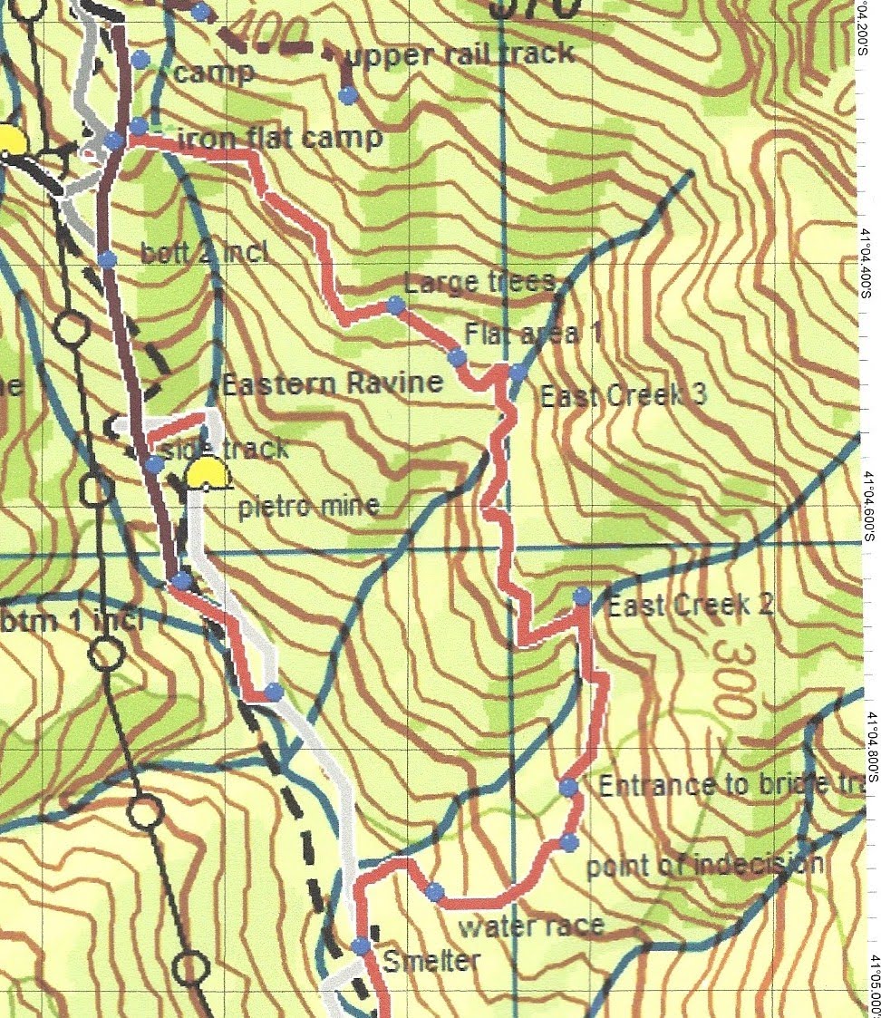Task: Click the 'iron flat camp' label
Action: coord(279,140)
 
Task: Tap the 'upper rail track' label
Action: coord(460,54)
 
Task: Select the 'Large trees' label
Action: coord(480,283)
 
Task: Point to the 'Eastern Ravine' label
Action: coord(333,383)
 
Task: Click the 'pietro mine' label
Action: coord(308,506)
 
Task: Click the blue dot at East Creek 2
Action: coord(582,596)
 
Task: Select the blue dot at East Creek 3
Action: coord(517,372)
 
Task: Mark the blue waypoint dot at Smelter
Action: coord(361,945)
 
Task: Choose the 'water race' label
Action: coord(531,926)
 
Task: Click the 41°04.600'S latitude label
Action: coord(869,508)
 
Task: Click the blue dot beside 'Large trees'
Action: coord(395,305)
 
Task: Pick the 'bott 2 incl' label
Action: coord(205,253)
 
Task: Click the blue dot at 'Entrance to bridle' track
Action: coord(568,787)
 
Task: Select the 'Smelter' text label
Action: coord(431,960)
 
